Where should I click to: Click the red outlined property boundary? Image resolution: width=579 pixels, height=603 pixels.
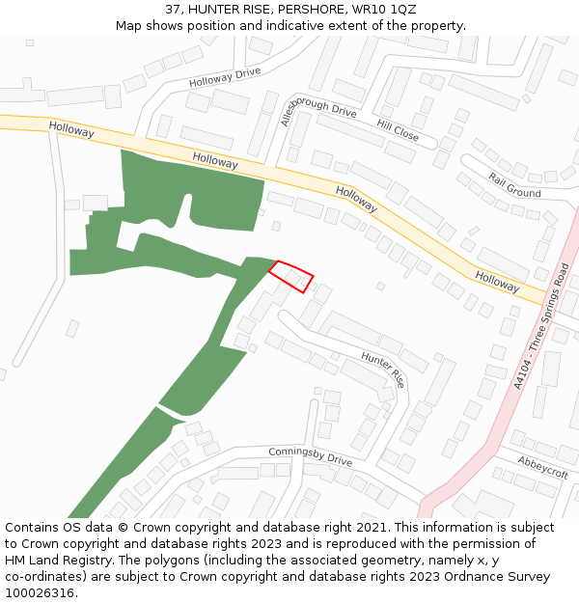(290, 276)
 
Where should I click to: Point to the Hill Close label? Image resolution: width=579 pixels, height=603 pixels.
(398, 131)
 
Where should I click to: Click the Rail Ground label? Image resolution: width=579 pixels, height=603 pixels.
(514, 185)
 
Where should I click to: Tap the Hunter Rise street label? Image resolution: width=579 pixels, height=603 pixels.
(383, 370)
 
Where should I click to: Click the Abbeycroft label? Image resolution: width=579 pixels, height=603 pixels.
(542, 467)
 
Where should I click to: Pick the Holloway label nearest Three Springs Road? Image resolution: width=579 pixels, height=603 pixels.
(497, 282)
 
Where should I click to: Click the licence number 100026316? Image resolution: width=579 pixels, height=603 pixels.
(41, 593)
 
